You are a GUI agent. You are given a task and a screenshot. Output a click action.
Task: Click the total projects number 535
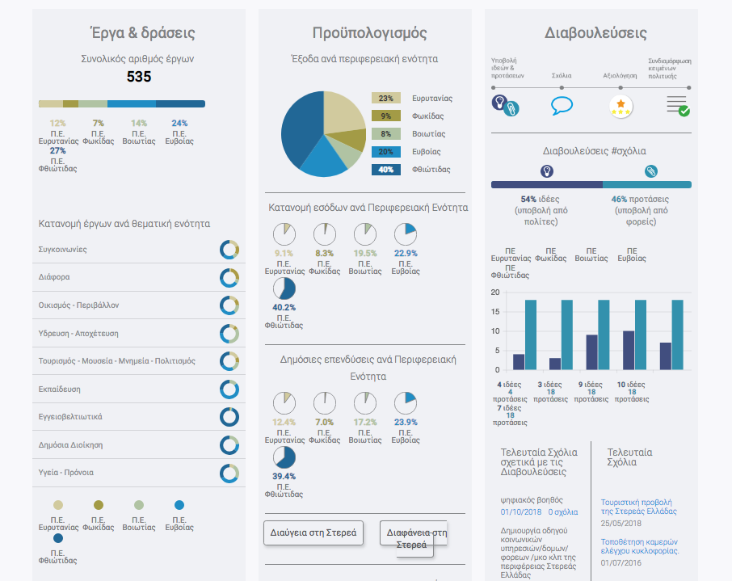pyautogui.click(x=139, y=77)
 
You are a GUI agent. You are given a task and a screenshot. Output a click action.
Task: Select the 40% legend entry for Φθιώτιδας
pyautogui.click(x=386, y=170)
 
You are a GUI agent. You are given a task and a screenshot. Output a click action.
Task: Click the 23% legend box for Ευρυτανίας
pyautogui.click(x=386, y=99)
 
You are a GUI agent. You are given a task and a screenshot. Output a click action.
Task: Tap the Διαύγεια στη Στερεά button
pyautogui.click(x=313, y=533)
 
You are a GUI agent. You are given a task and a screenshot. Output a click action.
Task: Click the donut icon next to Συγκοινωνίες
pyautogui.click(x=229, y=250)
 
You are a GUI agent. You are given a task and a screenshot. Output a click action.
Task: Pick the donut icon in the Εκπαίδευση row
pyautogui.click(x=229, y=389)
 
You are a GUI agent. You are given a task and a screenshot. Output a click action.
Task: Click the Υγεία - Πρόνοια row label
pyautogui.click(x=66, y=473)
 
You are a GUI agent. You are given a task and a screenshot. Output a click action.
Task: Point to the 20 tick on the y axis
pyautogui.click(x=495, y=293)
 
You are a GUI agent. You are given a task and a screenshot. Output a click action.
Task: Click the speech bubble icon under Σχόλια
pyautogui.click(x=562, y=106)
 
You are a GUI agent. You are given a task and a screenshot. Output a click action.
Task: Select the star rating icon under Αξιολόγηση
pyautogui.click(x=621, y=106)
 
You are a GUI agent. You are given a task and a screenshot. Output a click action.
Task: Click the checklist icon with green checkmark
pyautogui.click(x=677, y=106)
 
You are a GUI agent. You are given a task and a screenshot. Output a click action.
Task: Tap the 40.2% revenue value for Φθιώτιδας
pyautogui.click(x=284, y=308)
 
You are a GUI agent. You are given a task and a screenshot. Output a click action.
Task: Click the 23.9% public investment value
pyautogui.click(x=405, y=422)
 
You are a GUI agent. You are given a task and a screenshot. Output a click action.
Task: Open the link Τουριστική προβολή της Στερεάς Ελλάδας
pyautogui.click(x=638, y=506)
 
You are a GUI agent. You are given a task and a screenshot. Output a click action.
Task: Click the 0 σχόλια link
pyautogui.click(x=562, y=512)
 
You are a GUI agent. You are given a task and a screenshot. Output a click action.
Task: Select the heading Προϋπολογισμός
pyautogui.click(x=369, y=33)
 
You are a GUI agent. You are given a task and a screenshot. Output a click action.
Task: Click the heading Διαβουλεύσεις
pyautogui.click(x=595, y=33)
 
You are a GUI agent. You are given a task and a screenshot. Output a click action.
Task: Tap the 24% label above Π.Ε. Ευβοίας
pyautogui.click(x=179, y=124)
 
